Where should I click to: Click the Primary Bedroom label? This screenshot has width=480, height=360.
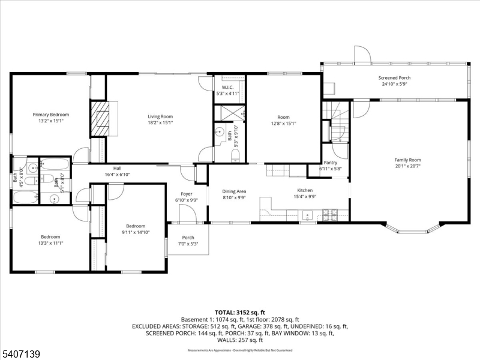pos(51,115)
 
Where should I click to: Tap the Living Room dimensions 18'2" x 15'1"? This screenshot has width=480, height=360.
pos(160,123)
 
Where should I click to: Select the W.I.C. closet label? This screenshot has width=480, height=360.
pos(227,88)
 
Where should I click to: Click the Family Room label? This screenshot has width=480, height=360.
pos(407,160)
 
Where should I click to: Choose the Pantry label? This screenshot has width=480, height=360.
pos(330,163)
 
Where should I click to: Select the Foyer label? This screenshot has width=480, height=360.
pos(187,194)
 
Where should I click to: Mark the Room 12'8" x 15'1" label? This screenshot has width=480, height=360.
pos(283,117)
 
